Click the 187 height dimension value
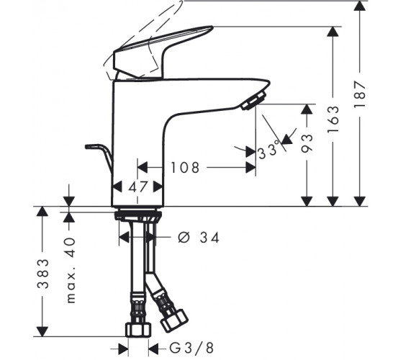click(360, 94)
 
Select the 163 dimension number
click(333, 119)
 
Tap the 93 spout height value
click(307, 143)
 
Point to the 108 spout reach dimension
click(185, 168)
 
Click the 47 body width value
click(138, 187)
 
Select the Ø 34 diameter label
click(199, 238)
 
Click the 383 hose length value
click(43, 274)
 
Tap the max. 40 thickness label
click(71, 270)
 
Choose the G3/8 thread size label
click(191, 348)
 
